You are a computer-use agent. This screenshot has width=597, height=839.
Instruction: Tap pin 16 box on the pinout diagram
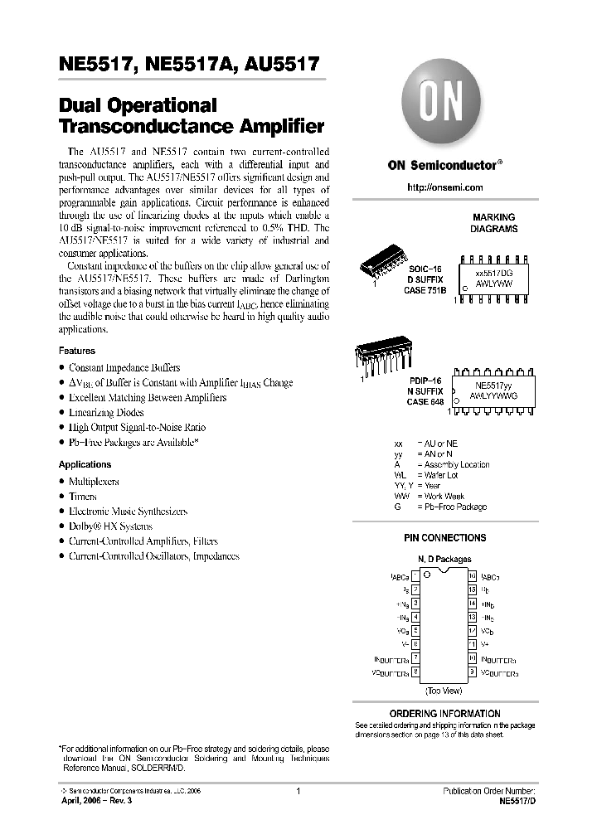(x=472, y=575)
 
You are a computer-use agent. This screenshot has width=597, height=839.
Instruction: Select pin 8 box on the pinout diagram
(x=415, y=672)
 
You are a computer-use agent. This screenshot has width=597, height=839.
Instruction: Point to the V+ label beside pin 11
(x=485, y=644)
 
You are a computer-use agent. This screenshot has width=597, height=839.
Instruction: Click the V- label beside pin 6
(x=404, y=644)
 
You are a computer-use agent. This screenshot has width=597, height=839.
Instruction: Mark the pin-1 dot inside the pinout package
(x=426, y=574)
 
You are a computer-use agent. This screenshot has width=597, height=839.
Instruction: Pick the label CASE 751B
(x=426, y=289)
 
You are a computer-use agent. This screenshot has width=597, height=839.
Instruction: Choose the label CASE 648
(x=425, y=401)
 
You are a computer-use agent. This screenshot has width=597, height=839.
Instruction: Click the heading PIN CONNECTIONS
(x=444, y=538)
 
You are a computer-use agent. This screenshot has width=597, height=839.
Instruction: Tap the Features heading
(x=77, y=351)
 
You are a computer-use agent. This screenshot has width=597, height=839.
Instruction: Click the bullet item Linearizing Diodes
(x=106, y=412)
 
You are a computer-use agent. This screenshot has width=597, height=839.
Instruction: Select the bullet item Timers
(x=83, y=496)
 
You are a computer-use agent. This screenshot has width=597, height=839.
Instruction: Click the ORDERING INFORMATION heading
(x=444, y=713)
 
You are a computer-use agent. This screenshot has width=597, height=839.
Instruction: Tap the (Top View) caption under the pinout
(x=444, y=690)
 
